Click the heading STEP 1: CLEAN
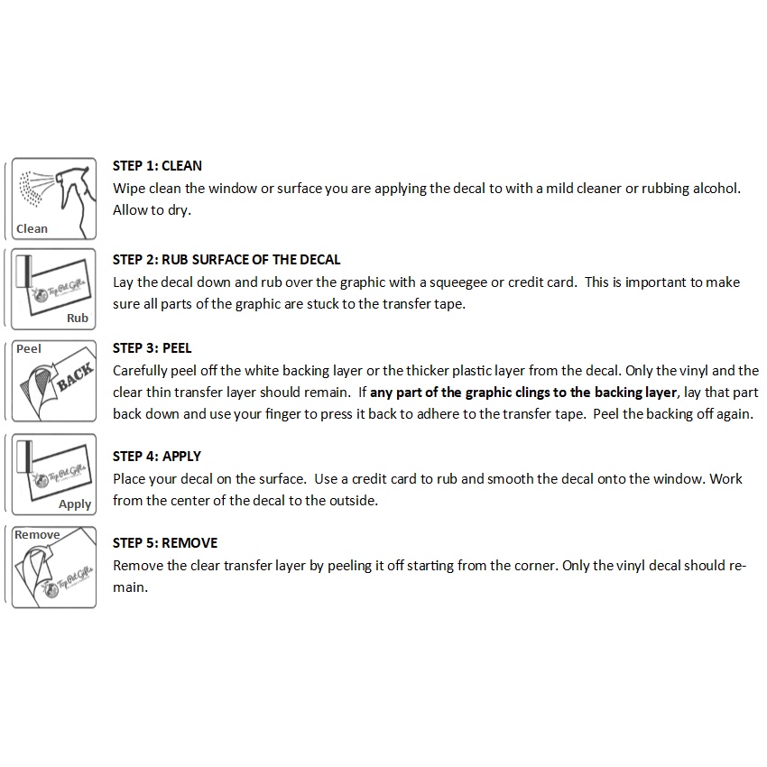[157, 166]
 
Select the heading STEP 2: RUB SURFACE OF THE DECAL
[226, 260]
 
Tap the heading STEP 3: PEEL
[152, 348]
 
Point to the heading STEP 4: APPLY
[157, 457]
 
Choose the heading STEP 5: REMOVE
[165, 543]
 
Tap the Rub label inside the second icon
[78, 318]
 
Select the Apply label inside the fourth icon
[75, 504]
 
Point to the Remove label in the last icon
[37, 534]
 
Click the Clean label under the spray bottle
[32, 229]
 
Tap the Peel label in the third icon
[29, 349]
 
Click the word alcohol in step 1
[716, 189]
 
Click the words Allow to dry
[152, 210]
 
